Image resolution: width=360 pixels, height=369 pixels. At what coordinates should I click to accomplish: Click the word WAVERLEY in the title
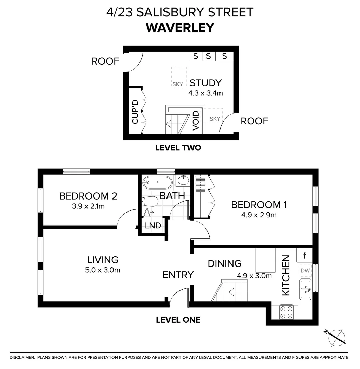point(180,27)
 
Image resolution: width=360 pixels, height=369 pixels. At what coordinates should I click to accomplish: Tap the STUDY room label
point(205,83)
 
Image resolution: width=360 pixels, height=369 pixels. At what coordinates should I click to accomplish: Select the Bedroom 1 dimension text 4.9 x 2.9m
point(258,215)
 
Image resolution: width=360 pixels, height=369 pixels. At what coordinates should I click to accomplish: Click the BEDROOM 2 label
point(88,196)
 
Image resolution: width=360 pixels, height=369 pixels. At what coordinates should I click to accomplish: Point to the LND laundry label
point(152,225)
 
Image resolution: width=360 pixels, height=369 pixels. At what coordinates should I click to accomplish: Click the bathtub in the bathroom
point(158,182)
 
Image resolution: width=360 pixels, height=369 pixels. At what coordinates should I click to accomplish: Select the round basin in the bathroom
point(184,180)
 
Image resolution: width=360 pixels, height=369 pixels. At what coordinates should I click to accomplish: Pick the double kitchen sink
point(305,289)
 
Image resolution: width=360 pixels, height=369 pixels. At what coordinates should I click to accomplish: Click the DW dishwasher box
point(305,270)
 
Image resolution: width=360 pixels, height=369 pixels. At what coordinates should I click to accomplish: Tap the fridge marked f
point(305,255)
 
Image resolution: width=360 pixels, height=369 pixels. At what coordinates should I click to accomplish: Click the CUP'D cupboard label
point(135,111)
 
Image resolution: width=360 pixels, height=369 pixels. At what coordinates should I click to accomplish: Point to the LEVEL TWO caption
point(178,148)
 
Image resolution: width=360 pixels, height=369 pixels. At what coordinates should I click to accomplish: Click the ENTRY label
point(178,275)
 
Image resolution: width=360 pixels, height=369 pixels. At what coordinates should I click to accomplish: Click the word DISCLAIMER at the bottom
point(22,357)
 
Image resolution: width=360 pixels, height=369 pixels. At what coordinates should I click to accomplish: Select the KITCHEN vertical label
point(285,275)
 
